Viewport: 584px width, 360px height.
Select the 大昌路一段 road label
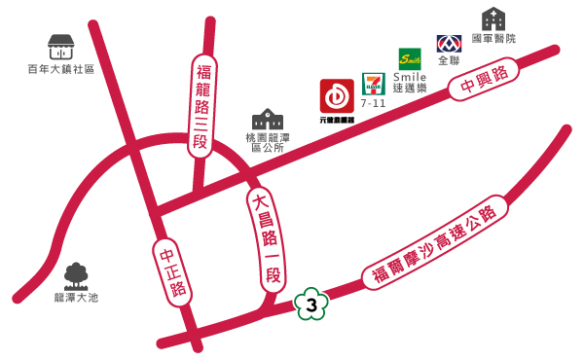(264, 239)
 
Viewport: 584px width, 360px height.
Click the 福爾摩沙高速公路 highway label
(434, 246)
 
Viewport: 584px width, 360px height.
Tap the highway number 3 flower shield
(310, 306)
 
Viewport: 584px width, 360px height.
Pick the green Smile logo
(410, 57)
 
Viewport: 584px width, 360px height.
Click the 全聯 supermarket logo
(449, 44)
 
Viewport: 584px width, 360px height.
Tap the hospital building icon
(493, 18)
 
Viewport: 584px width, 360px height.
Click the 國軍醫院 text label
(493, 38)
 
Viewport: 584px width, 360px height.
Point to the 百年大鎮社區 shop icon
(61, 46)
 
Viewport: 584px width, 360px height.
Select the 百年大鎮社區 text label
(61, 69)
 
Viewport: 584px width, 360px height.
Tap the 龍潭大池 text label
(76, 298)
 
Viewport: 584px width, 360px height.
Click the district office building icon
(268, 120)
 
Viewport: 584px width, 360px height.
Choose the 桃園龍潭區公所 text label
(268, 143)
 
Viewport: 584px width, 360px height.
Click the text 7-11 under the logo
(374, 102)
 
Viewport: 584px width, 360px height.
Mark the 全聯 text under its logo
(449, 60)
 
